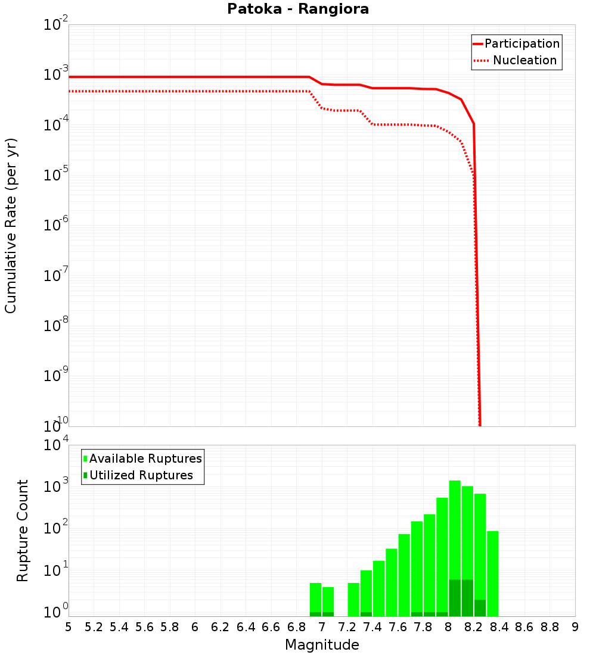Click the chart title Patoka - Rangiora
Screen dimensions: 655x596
coord(298,10)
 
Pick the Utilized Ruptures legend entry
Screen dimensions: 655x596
coord(141,475)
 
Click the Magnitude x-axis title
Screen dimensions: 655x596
coord(322,645)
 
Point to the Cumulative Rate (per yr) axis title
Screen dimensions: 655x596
coord(11,226)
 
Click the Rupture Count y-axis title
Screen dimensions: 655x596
coord(23,531)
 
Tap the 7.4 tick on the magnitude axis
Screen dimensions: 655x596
coord(372,627)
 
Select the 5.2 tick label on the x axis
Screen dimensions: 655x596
coord(94,627)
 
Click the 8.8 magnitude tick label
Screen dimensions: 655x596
coord(550,627)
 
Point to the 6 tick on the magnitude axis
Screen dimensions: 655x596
coord(195,627)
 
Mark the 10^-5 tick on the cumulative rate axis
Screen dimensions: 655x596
coord(57,175)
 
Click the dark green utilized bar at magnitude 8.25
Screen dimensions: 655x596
coord(480,608)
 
